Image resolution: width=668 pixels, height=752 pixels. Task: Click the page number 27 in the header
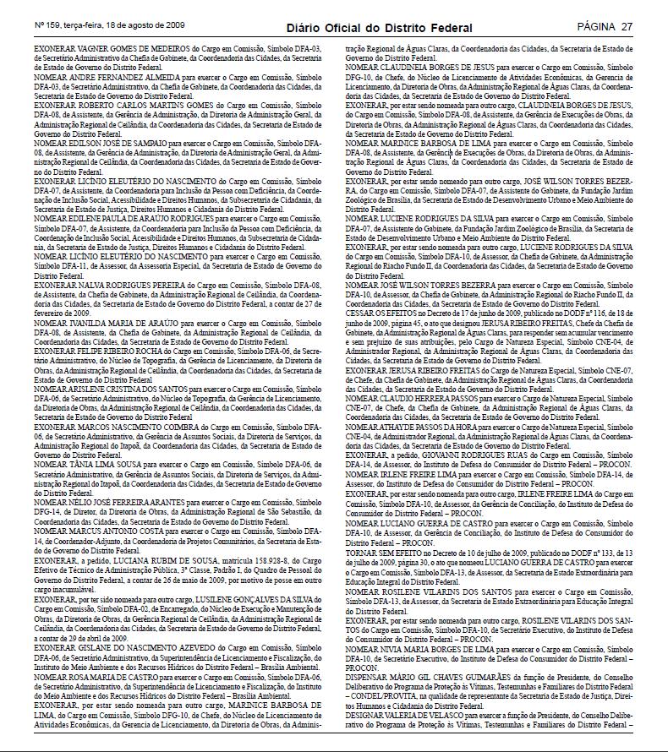626,27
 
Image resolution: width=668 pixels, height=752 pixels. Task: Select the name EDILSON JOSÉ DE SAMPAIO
105,143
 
